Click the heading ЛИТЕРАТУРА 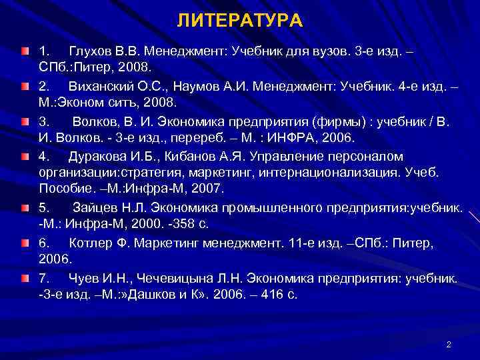click(240, 21)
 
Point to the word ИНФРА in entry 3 click(303, 138)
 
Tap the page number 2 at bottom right click(449, 344)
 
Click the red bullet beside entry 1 click(24, 51)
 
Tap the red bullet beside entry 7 click(24, 277)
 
